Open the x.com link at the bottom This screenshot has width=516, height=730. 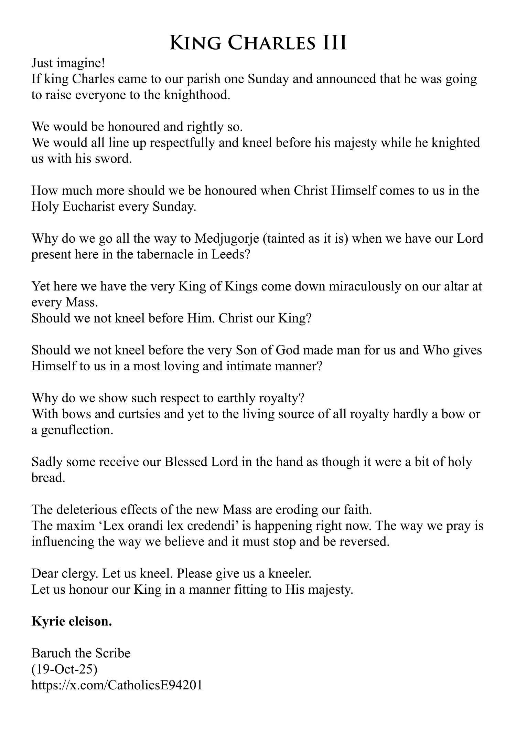[116, 685]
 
